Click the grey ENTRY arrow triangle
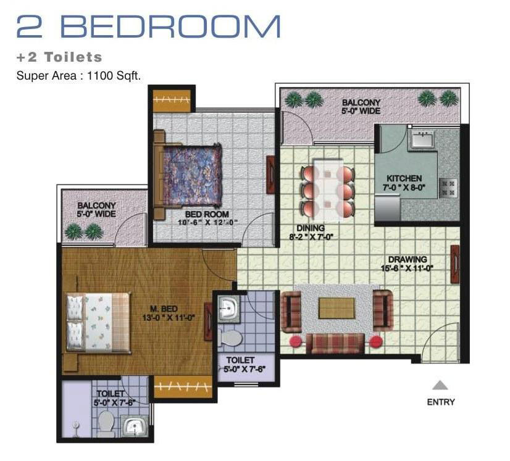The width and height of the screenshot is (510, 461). pos(440,385)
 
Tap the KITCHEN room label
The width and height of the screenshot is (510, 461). pos(404,178)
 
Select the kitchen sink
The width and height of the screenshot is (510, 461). pos(422,139)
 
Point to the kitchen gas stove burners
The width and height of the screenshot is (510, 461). pos(448,188)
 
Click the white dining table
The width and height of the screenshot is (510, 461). pos(328,189)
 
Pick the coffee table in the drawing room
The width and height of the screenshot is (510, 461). pos(337,308)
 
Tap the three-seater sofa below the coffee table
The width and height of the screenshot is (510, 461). pos(335,343)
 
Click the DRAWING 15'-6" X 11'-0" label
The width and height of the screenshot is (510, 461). pos(408,264)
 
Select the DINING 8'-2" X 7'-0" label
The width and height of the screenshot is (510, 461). pos(311,233)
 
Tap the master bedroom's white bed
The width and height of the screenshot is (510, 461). pos(98,322)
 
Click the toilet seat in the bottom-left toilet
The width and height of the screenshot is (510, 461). pos(106,423)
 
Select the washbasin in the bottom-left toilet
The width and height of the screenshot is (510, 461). pos(135,426)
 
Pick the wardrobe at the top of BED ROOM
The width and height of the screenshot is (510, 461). pos(172,99)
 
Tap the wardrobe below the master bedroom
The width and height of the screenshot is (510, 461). pos(183,387)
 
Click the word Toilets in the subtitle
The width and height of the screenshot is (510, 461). pos(73,57)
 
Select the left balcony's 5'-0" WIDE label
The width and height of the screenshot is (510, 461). pos(96,214)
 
